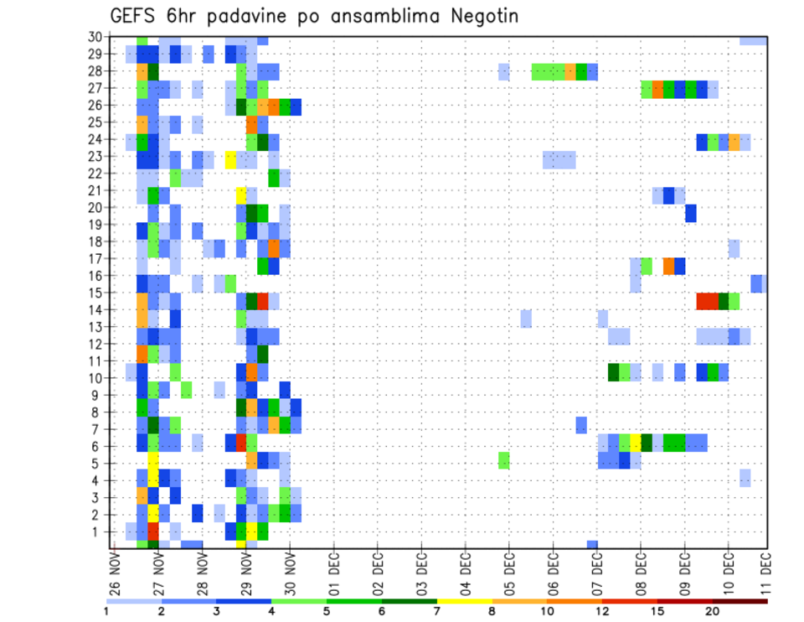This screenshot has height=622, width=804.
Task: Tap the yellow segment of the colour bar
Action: click(x=464, y=601)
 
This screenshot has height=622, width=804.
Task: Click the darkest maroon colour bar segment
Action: click(x=740, y=601)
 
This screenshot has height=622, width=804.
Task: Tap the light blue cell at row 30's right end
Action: click(x=754, y=40)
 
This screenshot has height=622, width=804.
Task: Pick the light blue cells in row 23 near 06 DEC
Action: click(x=559, y=159)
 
